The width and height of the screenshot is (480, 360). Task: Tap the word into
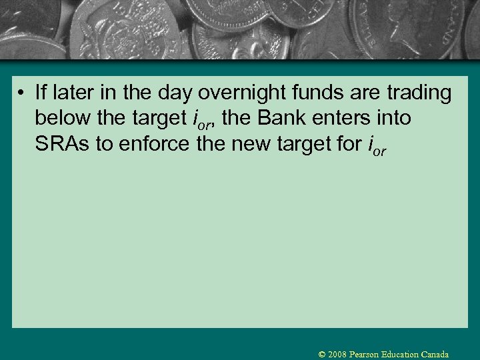click(x=394, y=118)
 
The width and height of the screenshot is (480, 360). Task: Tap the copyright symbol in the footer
click(x=323, y=355)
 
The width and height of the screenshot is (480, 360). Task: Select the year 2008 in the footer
click(x=338, y=355)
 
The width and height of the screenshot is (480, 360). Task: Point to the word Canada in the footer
click(x=435, y=355)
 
